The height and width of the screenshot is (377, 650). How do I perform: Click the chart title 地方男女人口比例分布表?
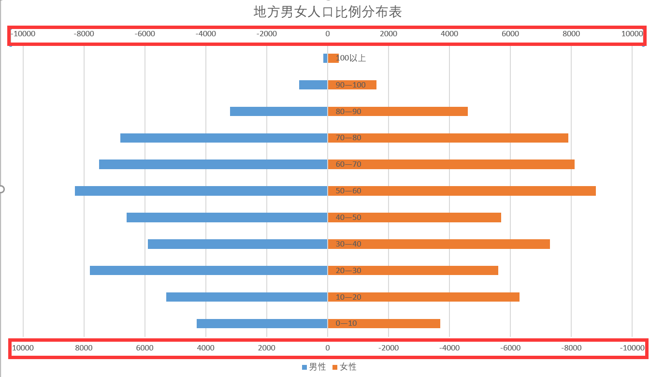(x=328, y=12)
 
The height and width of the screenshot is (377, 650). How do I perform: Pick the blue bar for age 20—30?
(x=208, y=270)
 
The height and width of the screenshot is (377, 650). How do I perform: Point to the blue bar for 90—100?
(x=313, y=85)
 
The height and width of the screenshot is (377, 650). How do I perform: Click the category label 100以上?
(x=351, y=58)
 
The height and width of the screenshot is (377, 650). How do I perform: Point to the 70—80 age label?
(x=348, y=138)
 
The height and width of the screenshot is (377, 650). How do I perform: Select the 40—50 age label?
(x=348, y=217)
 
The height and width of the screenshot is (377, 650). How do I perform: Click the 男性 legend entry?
(x=314, y=367)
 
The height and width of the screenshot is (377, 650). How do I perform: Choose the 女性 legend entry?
(x=345, y=367)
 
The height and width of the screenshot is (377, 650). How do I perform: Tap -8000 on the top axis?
(x=84, y=34)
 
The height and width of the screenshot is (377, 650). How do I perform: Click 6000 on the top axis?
(x=510, y=34)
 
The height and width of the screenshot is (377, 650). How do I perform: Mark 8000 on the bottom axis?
(x=84, y=348)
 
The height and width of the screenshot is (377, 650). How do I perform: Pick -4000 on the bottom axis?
(x=449, y=348)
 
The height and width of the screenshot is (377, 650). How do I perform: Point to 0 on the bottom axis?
(x=328, y=348)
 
